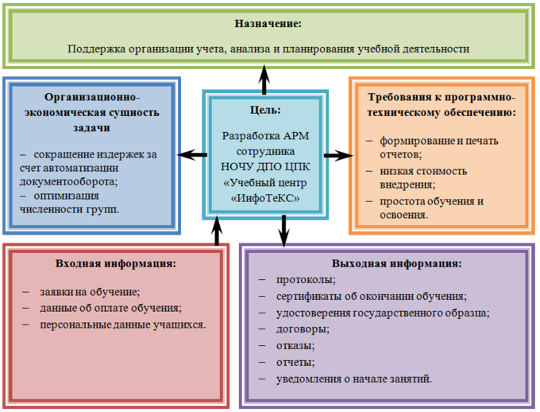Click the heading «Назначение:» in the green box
270,24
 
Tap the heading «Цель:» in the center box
264,110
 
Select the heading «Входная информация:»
116,263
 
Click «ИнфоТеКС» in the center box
264,198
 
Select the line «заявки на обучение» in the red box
90,291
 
